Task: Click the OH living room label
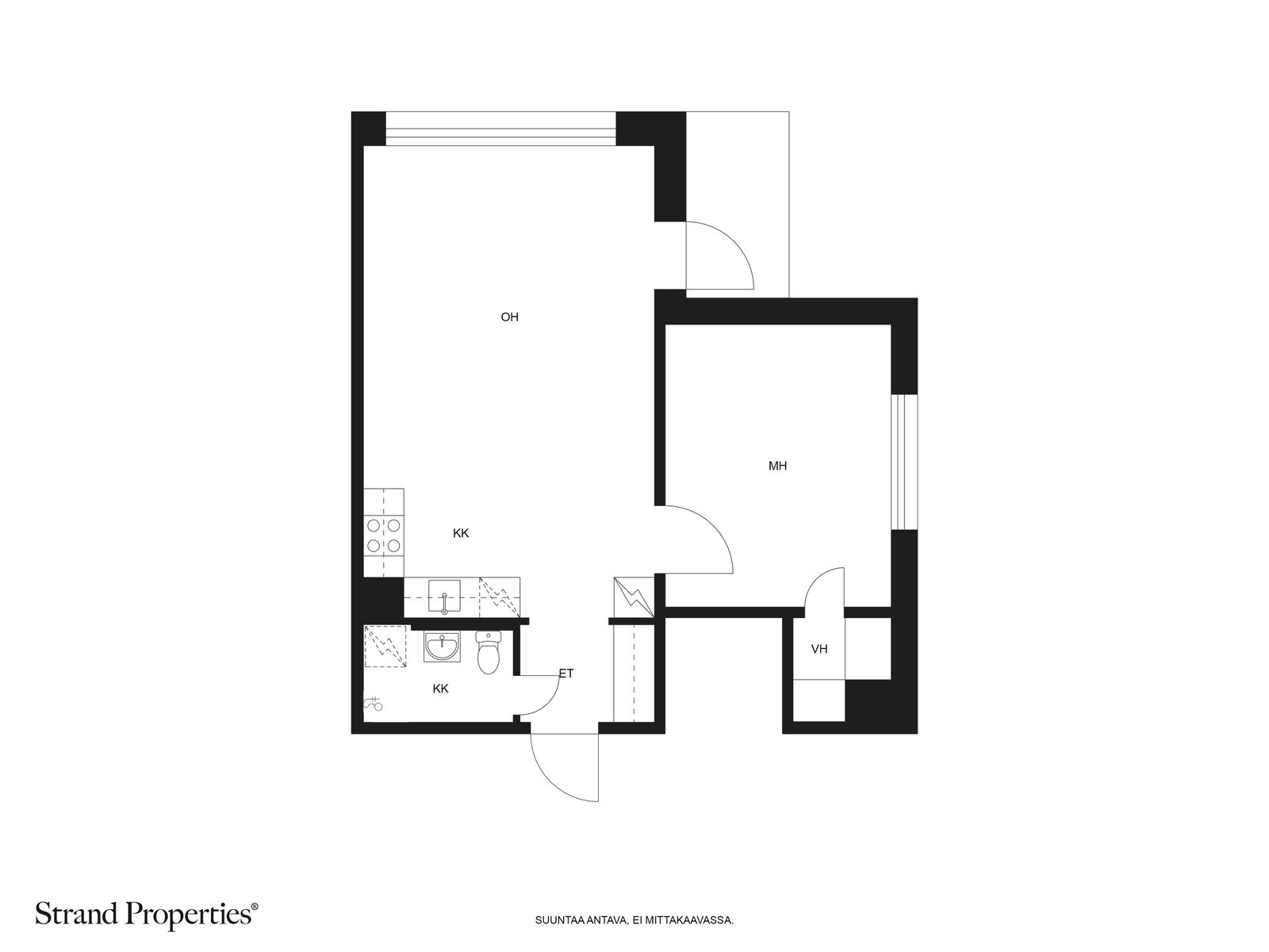coord(509,317)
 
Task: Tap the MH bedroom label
coord(777,466)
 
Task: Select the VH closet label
coord(819,649)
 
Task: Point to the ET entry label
coord(566,674)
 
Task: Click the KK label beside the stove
coord(461,533)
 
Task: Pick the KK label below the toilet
coord(440,689)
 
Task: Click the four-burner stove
coord(384,535)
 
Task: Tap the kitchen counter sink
coord(444,596)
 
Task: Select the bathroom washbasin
coord(443,647)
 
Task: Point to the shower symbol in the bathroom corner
coord(373,704)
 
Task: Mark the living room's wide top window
coord(500,129)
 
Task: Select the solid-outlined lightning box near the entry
coord(634,597)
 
